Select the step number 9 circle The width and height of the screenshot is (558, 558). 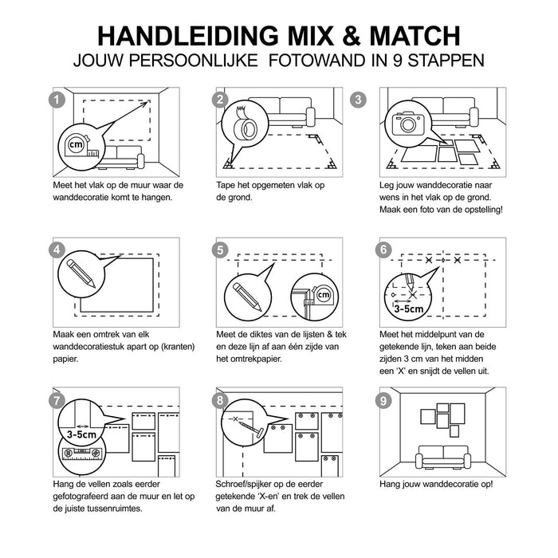pos(383,401)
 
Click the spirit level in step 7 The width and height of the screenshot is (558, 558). pos(81,455)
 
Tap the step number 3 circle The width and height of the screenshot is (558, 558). pos(383,100)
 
